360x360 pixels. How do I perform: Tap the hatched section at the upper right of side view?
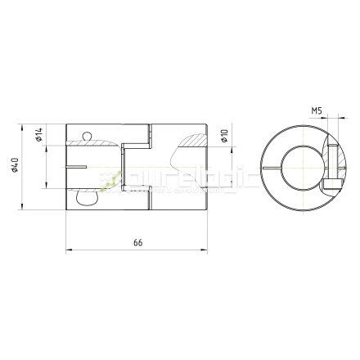tap(196, 141)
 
